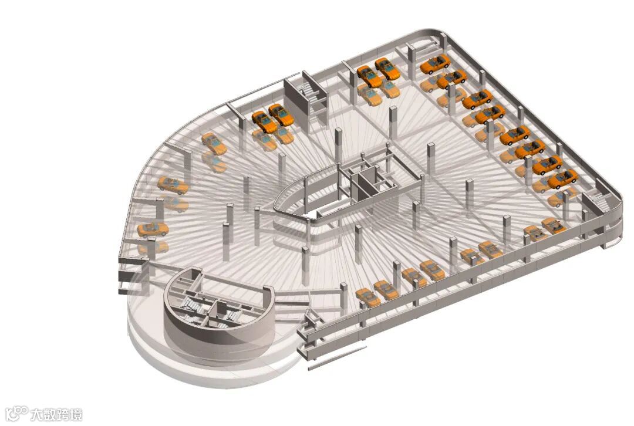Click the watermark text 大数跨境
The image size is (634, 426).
pyautogui.click(x=56, y=415)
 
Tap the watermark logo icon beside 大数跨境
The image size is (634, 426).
pyautogui.click(x=18, y=414)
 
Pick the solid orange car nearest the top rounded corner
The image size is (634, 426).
pyautogui.click(x=435, y=63)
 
